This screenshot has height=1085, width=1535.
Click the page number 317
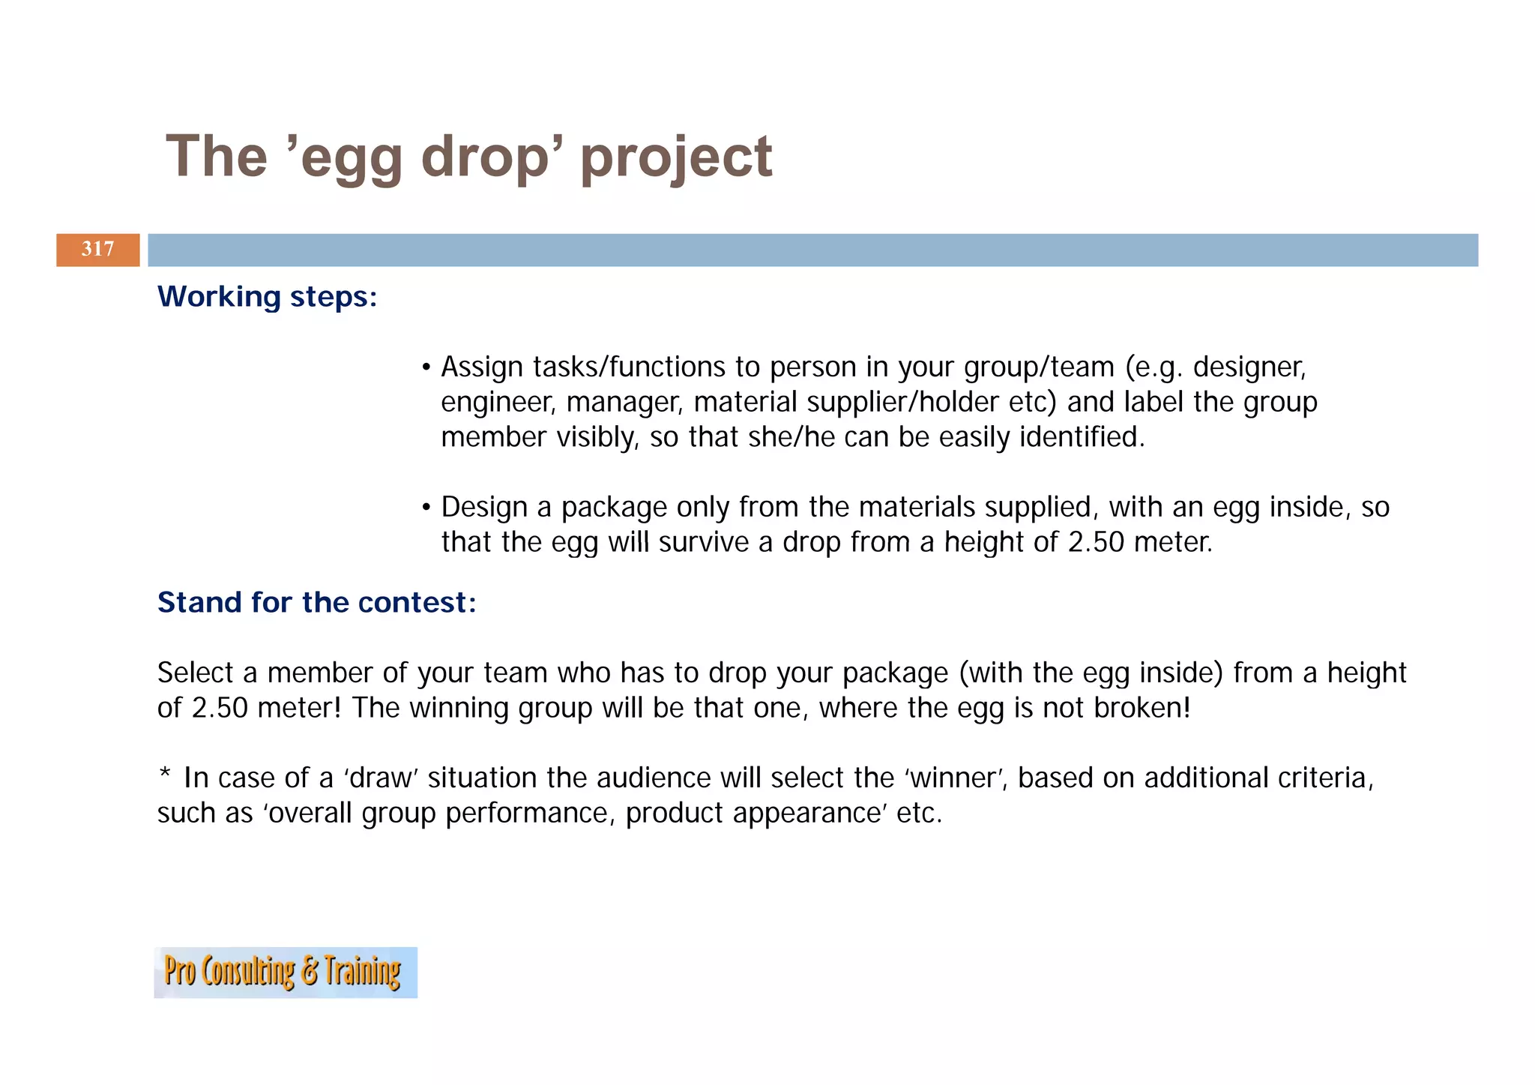97,249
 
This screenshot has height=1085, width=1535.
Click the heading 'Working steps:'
267,297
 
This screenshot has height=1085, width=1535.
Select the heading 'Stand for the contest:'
316,603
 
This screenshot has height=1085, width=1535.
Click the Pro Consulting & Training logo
285,972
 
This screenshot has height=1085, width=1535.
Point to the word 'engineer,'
498,403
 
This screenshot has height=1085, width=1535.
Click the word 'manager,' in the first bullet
624,403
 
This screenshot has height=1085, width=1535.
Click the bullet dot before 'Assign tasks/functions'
426,367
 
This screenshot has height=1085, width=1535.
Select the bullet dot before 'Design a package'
426,508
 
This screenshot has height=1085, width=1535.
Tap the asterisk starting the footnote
165,775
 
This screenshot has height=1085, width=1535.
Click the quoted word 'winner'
955,778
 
